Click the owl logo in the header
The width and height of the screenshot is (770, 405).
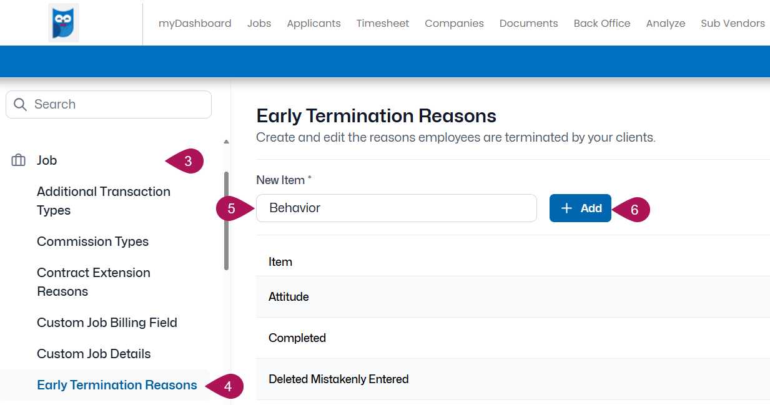pos(63,22)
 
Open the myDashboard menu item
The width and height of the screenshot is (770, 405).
pos(195,23)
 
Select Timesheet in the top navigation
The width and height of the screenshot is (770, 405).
pos(383,23)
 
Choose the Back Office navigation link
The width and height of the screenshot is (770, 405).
pos(602,23)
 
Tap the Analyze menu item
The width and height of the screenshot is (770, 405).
pos(666,23)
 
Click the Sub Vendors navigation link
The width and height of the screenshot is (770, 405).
pos(733,23)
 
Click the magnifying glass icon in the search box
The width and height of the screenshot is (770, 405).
pos(20,104)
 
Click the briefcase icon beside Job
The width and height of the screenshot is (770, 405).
pos(19,160)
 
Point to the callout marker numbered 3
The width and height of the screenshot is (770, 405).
pos(185,161)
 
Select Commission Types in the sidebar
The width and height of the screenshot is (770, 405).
pos(93,242)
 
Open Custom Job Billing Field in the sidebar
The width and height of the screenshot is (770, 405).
pos(107,323)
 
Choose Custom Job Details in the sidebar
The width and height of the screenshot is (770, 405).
pos(94,354)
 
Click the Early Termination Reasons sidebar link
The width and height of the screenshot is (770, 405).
pos(117,385)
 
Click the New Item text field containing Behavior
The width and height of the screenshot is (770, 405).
pos(397,208)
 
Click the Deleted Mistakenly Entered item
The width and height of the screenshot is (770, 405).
pos(338,379)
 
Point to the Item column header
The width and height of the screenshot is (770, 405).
pos(280,262)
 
